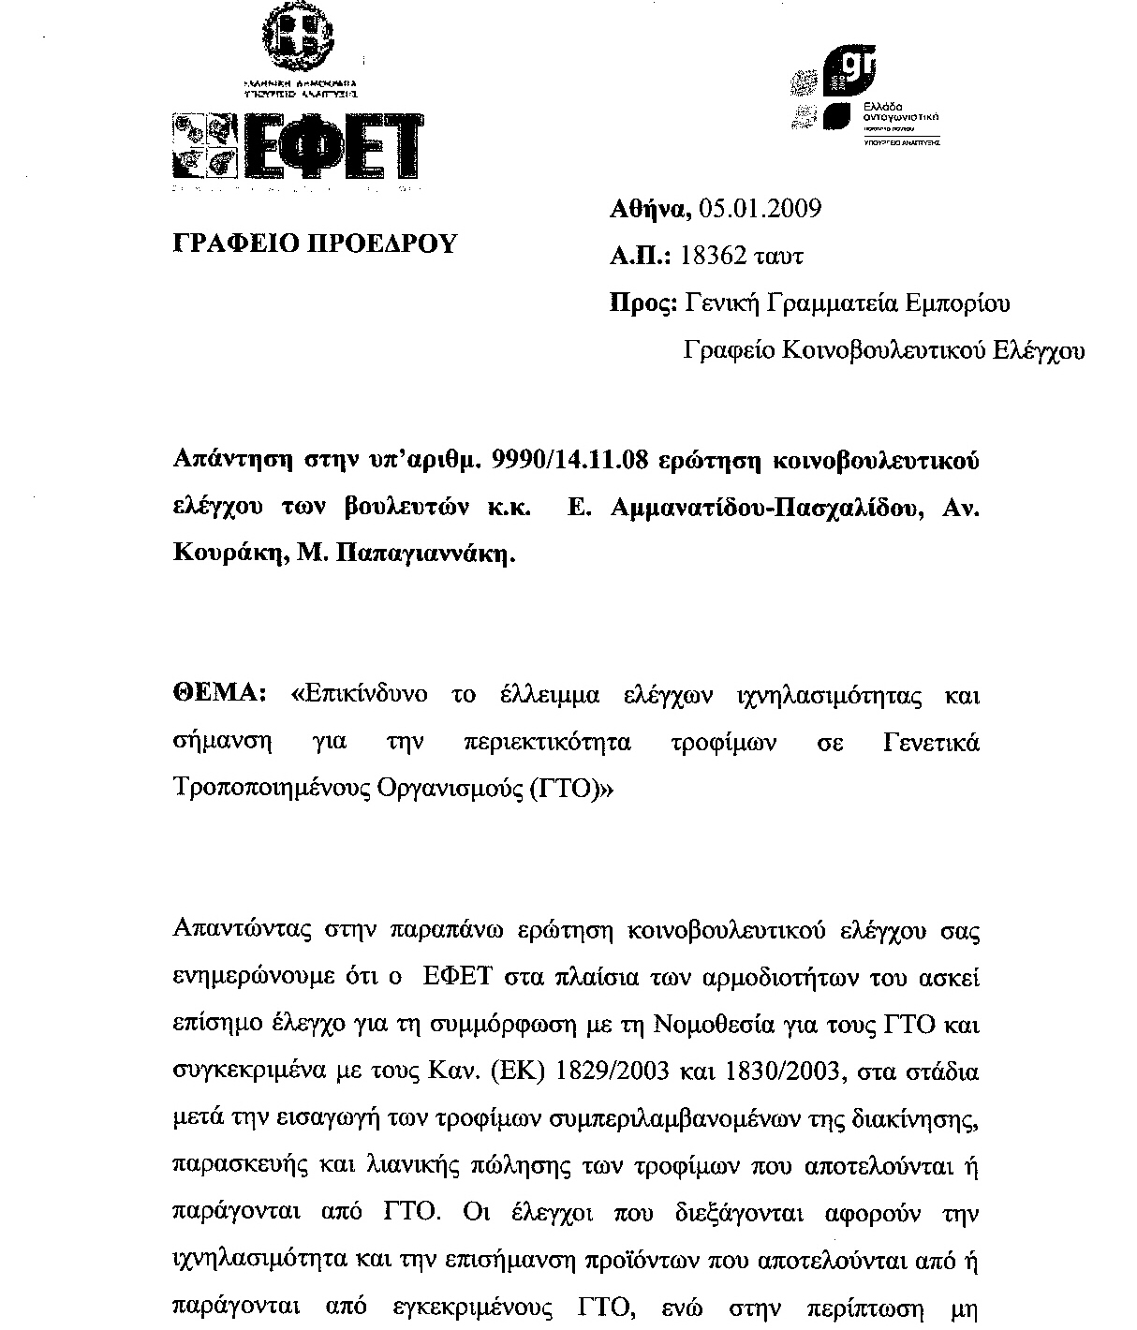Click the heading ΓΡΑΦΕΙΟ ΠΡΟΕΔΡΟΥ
click(x=316, y=244)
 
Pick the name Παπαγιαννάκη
click(x=420, y=554)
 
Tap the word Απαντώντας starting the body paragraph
click(x=243, y=931)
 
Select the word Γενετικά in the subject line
click(x=932, y=743)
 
